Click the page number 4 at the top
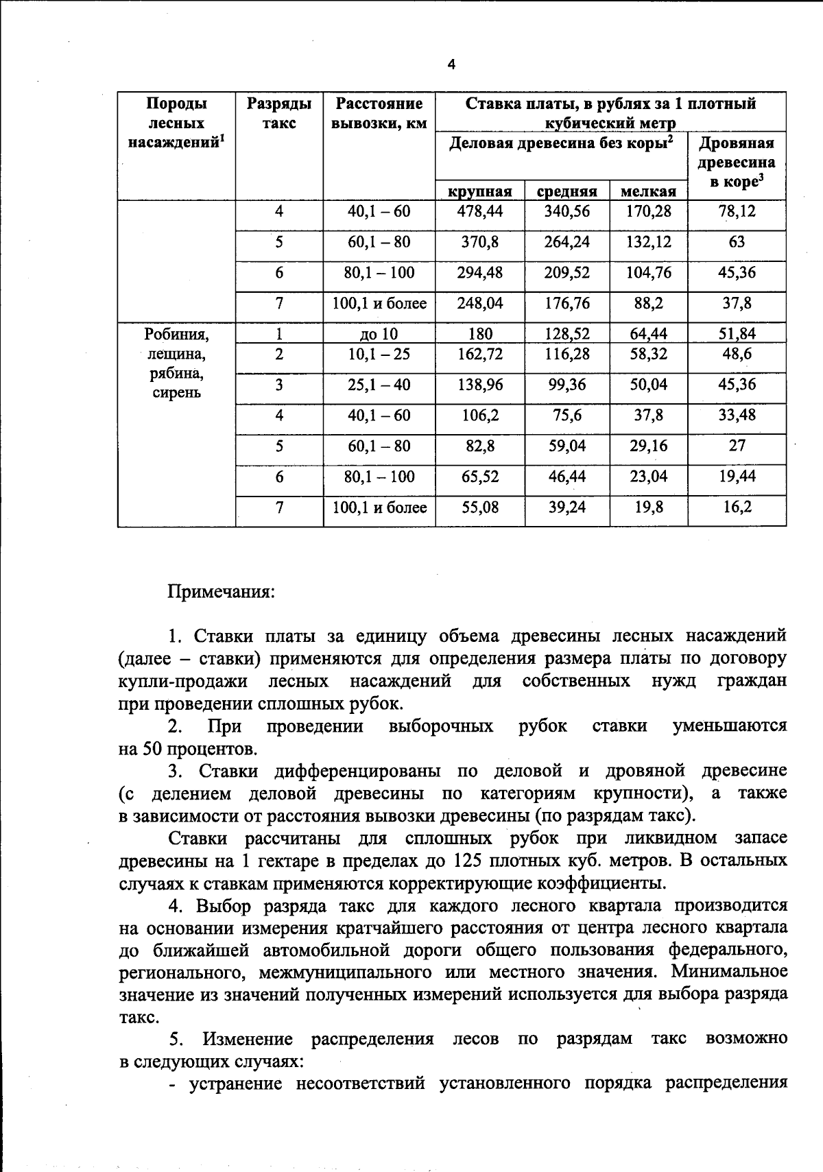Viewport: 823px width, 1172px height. point(451,65)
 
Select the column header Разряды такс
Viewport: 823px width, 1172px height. point(279,113)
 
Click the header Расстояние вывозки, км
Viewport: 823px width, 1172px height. point(379,113)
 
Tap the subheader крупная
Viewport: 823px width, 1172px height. point(479,191)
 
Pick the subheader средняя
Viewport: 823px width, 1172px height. point(566,191)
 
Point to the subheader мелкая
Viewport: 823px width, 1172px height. point(648,191)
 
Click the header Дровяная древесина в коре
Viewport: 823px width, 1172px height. point(737,162)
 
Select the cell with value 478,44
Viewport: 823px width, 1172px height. point(479,211)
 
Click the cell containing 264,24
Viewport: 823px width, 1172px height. point(566,242)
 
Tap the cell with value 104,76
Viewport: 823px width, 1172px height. point(648,272)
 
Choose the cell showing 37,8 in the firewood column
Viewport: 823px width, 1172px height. point(737,303)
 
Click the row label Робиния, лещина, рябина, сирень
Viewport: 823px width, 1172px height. point(176,363)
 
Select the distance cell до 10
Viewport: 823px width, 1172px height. point(379,334)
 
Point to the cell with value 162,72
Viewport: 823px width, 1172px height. point(479,354)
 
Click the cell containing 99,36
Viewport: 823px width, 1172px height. point(566,385)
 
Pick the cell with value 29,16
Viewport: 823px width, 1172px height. point(648,446)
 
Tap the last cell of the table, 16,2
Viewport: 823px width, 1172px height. point(737,507)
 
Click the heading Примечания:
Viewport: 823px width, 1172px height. point(221,591)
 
